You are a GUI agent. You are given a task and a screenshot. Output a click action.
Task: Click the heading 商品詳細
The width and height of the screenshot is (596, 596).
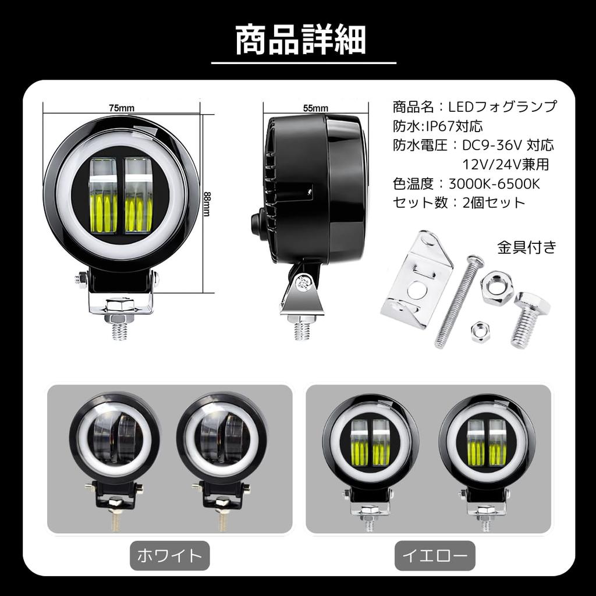300,39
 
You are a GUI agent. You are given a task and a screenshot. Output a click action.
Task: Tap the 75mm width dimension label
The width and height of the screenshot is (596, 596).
122,108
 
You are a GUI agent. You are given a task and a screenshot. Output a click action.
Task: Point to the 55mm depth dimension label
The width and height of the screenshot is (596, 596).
315,108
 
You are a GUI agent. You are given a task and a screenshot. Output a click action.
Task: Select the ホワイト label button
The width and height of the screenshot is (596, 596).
169,556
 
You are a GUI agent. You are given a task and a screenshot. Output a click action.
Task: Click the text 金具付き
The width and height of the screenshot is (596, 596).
527,247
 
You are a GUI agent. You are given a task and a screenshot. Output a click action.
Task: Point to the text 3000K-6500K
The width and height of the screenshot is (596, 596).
495,184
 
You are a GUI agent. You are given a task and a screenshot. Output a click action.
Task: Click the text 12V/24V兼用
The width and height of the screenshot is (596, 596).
506,165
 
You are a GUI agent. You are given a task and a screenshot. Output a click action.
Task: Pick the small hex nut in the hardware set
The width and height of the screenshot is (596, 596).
481,331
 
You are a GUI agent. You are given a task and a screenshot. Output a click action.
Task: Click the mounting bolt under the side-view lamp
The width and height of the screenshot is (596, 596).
302,329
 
